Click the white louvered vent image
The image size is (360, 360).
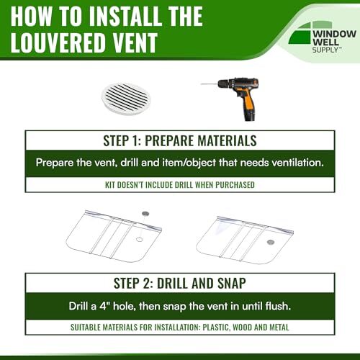pos(126,99)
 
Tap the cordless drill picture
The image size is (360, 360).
pos(231,99)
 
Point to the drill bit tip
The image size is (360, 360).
pos(202,84)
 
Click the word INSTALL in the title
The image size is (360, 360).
pos(125,16)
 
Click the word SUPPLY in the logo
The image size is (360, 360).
pos(325,50)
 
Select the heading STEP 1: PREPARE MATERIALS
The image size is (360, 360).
pos(180,140)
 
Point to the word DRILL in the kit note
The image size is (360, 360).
pos(183,185)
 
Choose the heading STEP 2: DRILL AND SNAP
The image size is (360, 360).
pos(180,283)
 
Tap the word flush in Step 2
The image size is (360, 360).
pos(278,306)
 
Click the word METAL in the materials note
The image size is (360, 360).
pos(279,328)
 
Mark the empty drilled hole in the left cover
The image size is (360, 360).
pos(140,239)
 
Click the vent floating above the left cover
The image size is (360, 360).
pos(145,213)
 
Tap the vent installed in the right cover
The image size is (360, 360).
pos(271,242)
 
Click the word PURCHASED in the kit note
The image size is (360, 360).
pos(235,185)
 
